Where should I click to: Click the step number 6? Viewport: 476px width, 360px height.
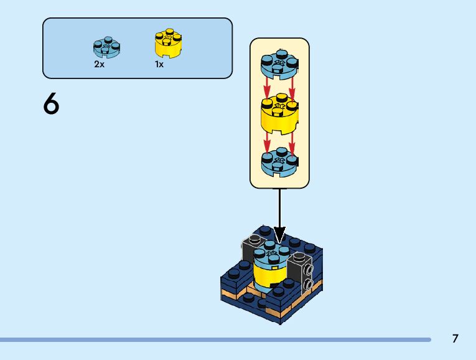51,103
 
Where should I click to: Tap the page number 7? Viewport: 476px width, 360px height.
455,339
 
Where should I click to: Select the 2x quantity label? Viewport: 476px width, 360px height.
100,64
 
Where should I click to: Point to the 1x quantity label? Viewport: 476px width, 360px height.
159,64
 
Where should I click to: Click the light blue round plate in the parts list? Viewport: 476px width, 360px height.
106,47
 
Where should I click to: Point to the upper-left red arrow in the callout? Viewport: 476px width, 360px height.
267,88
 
